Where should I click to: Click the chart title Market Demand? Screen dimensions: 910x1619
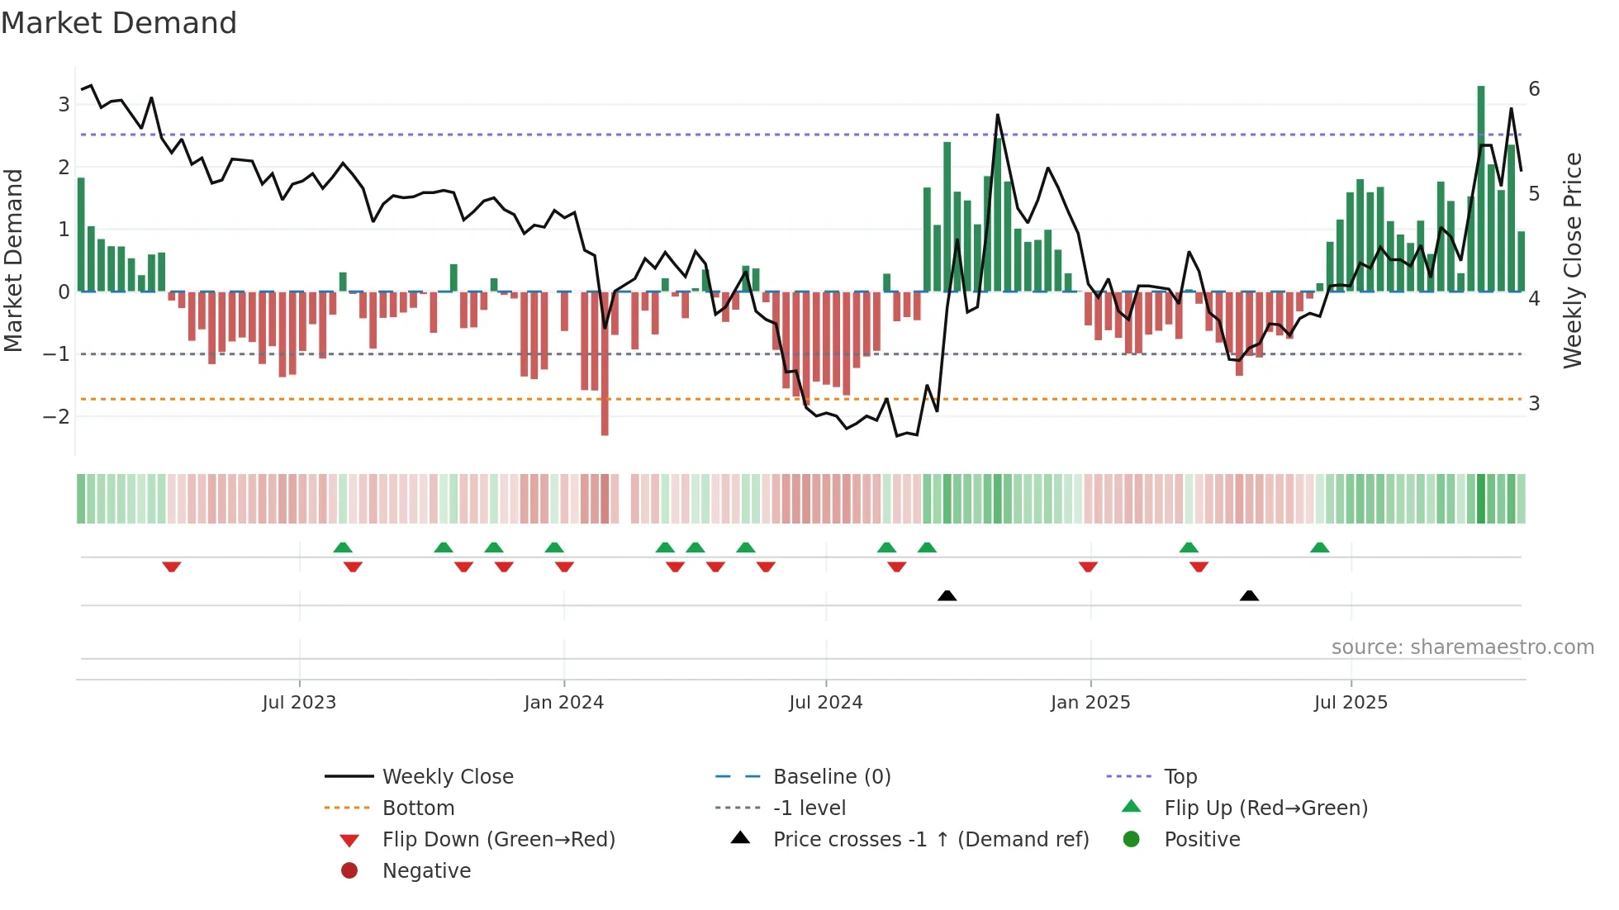(119, 23)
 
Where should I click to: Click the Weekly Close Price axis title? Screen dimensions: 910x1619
(1573, 260)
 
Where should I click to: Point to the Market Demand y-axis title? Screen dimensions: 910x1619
(14, 260)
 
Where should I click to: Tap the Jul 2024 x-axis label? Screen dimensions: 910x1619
(825, 703)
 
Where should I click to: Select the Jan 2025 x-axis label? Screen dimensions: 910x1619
(1090, 703)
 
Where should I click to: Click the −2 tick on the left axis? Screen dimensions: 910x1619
(56, 416)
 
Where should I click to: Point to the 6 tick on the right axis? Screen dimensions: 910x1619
(1534, 89)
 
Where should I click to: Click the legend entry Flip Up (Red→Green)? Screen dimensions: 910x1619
(1265, 808)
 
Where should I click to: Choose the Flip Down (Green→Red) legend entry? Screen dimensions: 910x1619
(498, 839)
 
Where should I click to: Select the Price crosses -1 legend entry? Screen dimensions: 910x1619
(930, 839)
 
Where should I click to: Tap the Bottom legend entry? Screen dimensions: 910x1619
(418, 808)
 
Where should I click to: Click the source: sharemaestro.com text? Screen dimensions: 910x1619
(1462, 647)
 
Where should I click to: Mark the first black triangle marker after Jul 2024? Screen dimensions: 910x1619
(947, 595)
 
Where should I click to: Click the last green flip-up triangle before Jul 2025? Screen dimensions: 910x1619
(1320, 547)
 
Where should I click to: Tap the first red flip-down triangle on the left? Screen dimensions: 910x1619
(172, 566)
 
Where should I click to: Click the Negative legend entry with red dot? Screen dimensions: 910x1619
(426, 870)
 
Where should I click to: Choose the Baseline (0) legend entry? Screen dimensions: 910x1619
(831, 776)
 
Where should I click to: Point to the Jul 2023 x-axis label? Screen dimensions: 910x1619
(299, 703)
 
